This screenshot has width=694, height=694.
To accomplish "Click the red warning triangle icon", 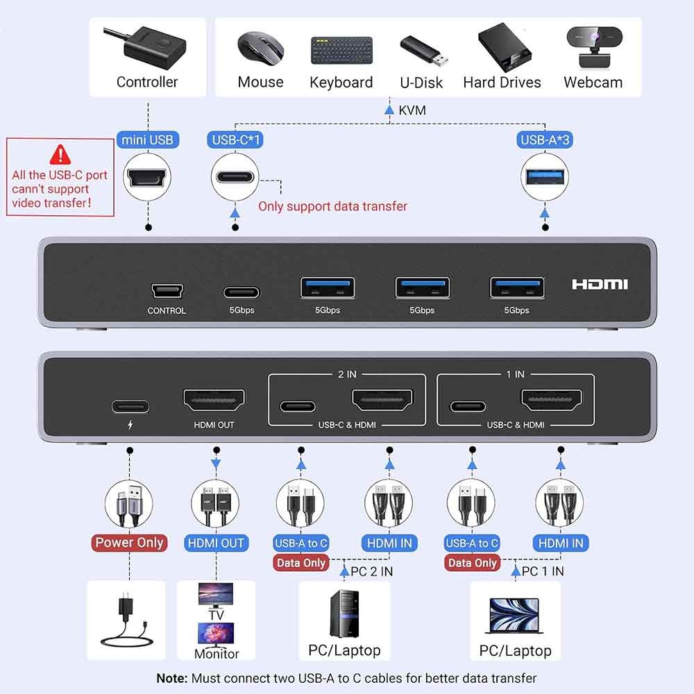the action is [60, 154].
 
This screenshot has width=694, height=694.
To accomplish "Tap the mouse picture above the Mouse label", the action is [260, 49].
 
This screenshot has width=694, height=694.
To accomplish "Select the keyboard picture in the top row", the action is [341, 51].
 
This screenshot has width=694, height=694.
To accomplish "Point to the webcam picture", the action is [594, 47].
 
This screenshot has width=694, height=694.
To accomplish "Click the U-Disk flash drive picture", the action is [423, 49].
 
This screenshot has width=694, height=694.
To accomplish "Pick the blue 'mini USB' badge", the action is [148, 140].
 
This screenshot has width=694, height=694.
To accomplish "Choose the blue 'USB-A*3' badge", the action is [545, 140].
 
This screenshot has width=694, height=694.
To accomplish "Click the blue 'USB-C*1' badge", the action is [235, 140].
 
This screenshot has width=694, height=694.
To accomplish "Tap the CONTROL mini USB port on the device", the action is [167, 291].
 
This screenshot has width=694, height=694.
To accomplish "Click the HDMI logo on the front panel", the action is [600, 284].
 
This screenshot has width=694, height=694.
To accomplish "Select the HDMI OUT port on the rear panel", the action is [214, 400].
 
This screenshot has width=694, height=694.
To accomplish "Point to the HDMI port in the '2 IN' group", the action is [382, 400].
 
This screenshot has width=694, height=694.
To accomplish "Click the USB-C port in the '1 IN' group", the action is [468, 406].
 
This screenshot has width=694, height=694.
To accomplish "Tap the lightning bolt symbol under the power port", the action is [130, 425].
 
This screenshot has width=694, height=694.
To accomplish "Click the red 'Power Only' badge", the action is [129, 543].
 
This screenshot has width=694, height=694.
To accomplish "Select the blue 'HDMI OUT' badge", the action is [216, 543].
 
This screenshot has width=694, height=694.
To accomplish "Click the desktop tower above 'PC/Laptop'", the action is [344, 613].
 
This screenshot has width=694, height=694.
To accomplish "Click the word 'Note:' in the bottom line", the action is [172, 679].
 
